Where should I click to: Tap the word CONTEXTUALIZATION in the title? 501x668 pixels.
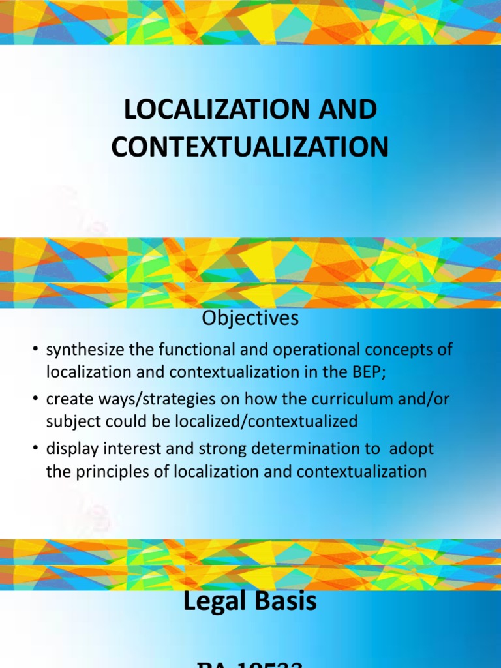click(x=250, y=147)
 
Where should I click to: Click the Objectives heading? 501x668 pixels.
click(x=250, y=318)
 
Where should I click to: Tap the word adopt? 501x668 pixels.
click(x=413, y=450)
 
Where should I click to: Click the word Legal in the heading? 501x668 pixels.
click(x=213, y=601)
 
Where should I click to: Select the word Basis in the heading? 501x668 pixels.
click(x=284, y=601)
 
